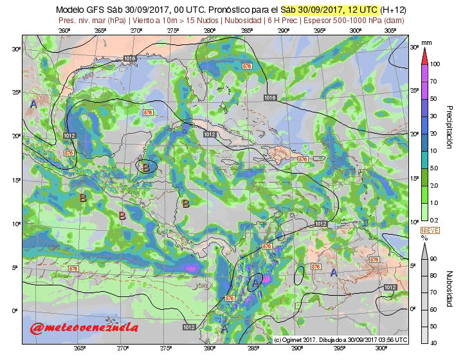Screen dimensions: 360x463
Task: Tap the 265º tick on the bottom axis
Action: click(79, 348)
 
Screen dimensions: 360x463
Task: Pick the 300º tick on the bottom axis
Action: click(382, 348)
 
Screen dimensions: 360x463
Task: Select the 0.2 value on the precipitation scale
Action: click(434, 220)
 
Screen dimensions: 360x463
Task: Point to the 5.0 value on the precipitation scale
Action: click(435, 168)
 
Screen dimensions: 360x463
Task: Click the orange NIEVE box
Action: click(429, 230)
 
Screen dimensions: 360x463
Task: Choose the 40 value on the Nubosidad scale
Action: click(434, 343)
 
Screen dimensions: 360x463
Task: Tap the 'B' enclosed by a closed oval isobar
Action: click(146, 167)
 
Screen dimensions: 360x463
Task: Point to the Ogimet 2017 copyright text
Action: click(341, 339)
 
